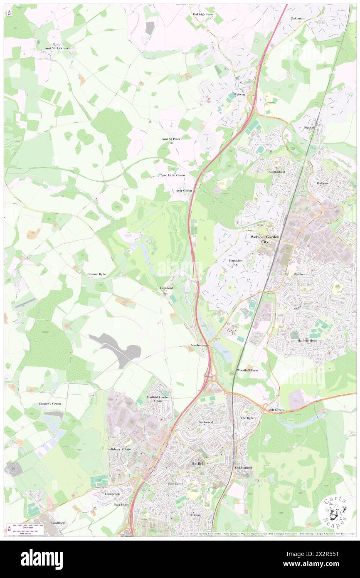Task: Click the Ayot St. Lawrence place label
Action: pyautogui.click(x=58, y=48)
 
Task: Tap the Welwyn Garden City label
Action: pyautogui.click(x=266, y=239)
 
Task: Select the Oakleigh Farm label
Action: pyautogui.click(x=203, y=15)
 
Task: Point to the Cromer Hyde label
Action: pyautogui.click(x=96, y=274)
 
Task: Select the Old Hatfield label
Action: pyautogui.click(x=243, y=468)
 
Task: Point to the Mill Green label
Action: pyautogui.click(x=276, y=410)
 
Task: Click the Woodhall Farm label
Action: pyautogui.click(x=247, y=370)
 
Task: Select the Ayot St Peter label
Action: pyautogui.click(x=171, y=139)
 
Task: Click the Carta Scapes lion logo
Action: pyautogui.click(x=335, y=511)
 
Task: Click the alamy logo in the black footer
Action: pyautogui.click(x=42, y=559)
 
